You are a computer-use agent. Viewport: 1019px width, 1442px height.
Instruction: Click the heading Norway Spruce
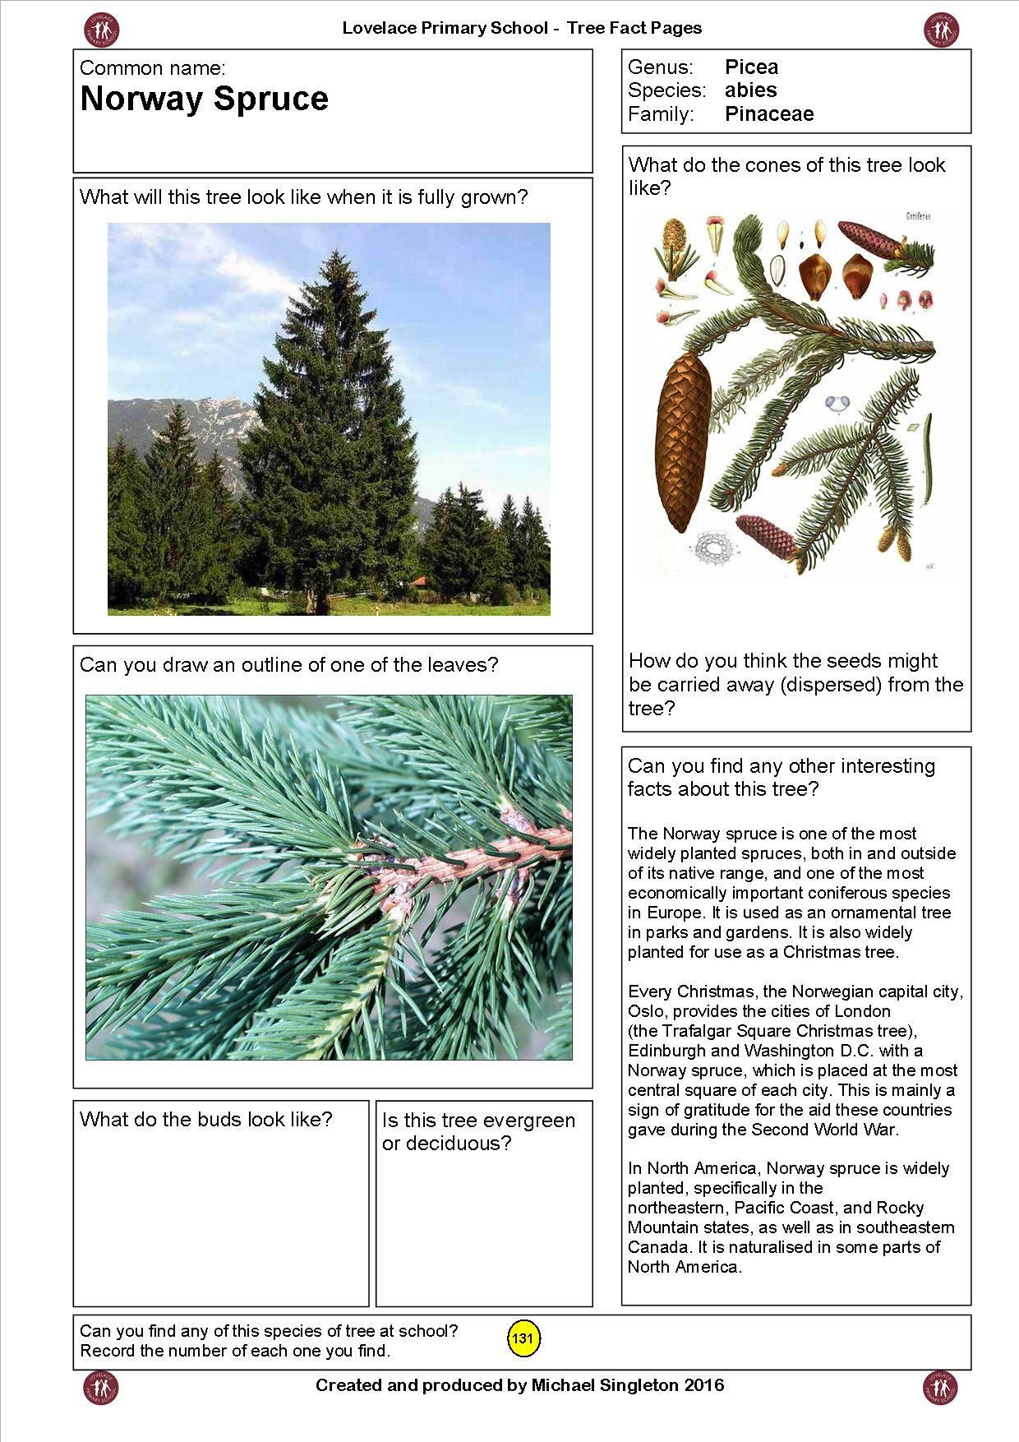(x=204, y=99)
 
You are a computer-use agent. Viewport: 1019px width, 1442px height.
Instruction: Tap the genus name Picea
(x=751, y=67)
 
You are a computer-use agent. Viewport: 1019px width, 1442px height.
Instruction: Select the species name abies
(x=750, y=90)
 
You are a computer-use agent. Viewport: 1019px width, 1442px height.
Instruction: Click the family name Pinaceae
(x=768, y=113)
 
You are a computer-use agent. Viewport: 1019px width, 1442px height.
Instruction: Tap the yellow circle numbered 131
(x=523, y=1338)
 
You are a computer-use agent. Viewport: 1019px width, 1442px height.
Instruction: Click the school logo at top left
(x=102, y=30)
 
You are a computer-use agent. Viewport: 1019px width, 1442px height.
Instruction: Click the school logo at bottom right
(x=940, y=1387)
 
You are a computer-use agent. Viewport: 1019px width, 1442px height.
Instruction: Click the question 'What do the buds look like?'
(x=205, y=1120)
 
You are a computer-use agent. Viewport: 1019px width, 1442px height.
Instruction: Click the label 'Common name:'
(x=152, y=68)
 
